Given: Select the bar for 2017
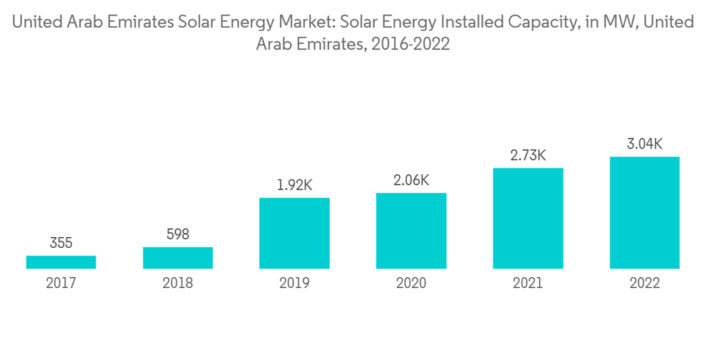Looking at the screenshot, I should click(x=61, y=262).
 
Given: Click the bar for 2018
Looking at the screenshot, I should click(x=178, y=258).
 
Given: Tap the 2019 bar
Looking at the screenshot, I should click(x=294, y=233).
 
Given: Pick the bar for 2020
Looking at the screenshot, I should click(x=411, y=231).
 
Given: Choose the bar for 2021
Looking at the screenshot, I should click(x=528, y=219).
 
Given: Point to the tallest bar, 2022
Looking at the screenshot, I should click(x=645, y=213).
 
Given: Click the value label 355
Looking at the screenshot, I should click(x=61, y=244).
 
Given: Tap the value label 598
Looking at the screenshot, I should click(x=178, y=234).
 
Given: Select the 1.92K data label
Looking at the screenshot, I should click(x=294, y=185).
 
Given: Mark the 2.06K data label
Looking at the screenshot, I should click(x=411, y=180).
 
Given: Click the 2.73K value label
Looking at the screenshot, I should click(x=528, y=155).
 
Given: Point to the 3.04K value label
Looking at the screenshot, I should click(x=645, y=144).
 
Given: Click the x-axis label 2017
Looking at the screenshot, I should click(x=61, y=284).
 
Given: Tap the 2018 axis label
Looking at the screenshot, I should click(x=178, y=284).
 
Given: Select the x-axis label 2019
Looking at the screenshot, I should click(x=294, y=284).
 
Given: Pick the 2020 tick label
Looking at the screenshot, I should click(x=411, y=284).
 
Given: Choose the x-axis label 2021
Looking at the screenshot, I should click(x=528, y=284).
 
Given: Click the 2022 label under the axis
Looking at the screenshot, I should click(x=645, y=284).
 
